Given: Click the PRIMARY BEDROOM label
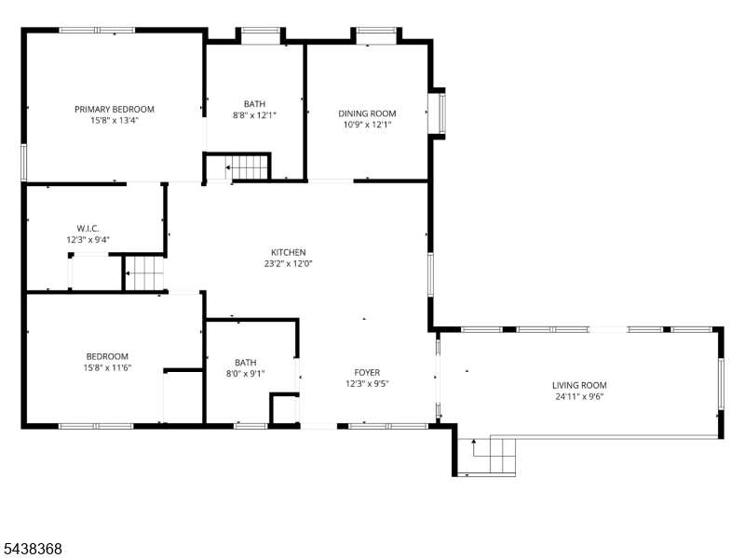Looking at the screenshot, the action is (x=115, y=109).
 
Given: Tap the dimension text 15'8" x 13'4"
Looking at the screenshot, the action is (x=115, y=121).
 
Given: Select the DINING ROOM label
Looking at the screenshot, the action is (x=367, y=113).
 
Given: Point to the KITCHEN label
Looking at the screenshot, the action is (x=289, y=252).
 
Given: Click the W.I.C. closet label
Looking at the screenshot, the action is (x=88, y=229).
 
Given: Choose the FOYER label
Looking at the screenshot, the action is (x=367, y=373).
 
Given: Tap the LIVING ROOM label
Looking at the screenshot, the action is (x=579, y=385).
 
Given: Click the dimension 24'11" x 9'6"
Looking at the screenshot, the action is (x=579, y=397).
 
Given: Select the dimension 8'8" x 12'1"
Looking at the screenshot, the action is (x=254, y=115).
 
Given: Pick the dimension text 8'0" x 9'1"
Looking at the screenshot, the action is (x=245, y=374).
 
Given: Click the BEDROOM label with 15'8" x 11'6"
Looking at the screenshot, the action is (x=107, y=356).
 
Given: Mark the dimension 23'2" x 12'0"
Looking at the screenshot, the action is (x=289, y=264).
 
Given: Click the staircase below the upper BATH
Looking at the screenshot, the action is (x=247, y=167).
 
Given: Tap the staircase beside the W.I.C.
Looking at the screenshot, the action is (x=144, y=273).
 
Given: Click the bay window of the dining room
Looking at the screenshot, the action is (x=437, y=113).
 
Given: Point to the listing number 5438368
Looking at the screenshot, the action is (x=32, y=549).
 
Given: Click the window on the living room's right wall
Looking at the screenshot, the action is (x=721, y=384).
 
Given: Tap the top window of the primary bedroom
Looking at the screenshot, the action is (x=97, y=31).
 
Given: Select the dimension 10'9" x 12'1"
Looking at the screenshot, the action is (x=367, y=125).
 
